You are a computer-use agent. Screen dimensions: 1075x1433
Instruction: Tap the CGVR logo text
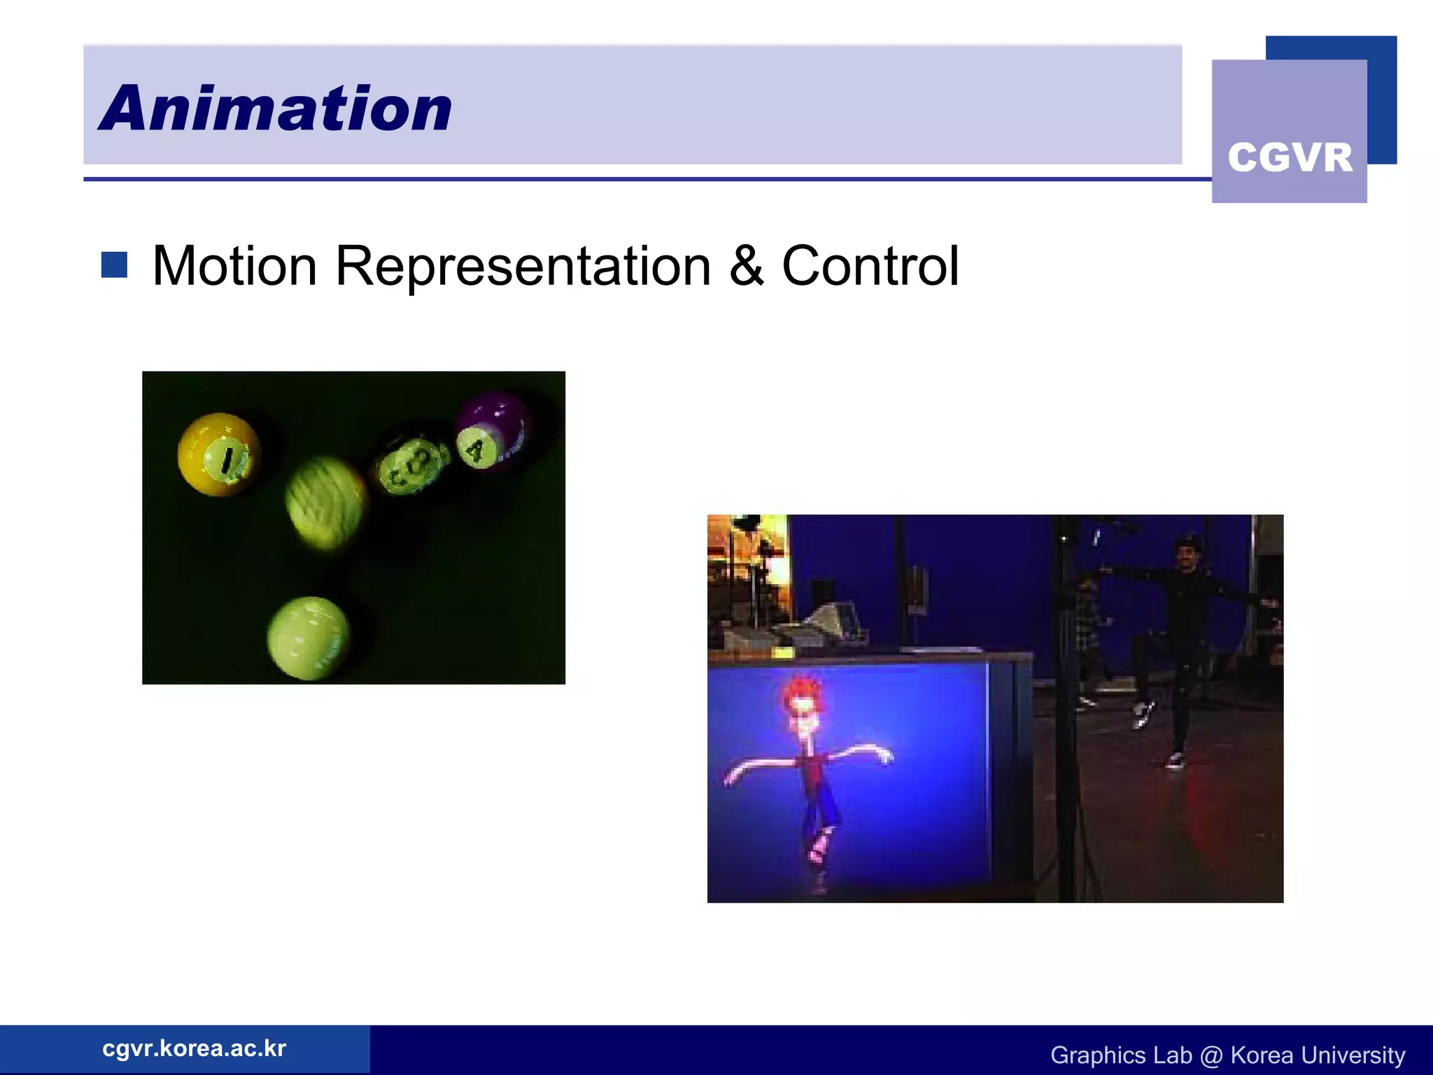pos(1290,157)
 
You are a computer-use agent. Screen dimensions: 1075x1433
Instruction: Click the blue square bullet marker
pos(114,265)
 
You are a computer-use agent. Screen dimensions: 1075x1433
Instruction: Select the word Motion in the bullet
pos(234,267)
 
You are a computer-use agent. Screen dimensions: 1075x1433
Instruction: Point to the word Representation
pos(523,267)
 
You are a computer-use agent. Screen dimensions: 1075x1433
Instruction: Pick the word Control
pos(870,267)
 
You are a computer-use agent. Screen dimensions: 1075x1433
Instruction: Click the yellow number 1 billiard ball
pos(219,454)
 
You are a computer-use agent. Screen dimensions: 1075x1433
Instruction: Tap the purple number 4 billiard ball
pos(493,430)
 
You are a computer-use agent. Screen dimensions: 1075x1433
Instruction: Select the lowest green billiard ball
pos(308,638)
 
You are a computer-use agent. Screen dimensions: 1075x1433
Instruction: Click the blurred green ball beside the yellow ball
pos(326,502)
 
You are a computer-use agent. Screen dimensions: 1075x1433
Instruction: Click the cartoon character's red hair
pos(803,693)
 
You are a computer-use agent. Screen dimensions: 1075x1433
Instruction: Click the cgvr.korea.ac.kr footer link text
pos(194,1048)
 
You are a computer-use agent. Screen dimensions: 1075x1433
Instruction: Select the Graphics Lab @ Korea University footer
pos(1227,1055)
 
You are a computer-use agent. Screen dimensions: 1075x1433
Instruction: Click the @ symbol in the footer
pos(1210,1055)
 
